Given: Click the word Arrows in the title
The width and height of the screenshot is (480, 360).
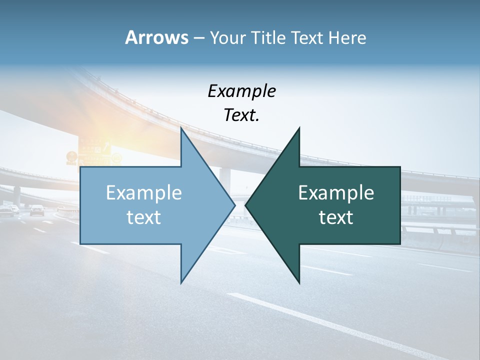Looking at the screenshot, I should click(x=156, y=37).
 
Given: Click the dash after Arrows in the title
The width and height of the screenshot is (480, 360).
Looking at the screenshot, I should click(x=198, y=38).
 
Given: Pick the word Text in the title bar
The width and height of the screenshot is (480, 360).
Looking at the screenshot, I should click(x=307, y=37).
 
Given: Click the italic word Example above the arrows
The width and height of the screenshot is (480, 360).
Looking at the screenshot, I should click(x=241, y=91).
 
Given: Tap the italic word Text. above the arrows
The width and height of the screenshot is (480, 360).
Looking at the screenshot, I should click(x=241, y=115).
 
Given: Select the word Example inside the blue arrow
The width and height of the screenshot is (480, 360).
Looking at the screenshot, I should click(x=144, y=193).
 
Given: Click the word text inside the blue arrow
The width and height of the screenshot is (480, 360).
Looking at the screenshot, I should click(x=144, y=217).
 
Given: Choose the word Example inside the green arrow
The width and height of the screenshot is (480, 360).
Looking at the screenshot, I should click(x=336, y=193).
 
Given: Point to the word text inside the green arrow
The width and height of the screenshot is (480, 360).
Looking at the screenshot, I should click(x=336, y=217).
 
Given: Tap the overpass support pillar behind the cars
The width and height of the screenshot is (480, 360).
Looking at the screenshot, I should click(x=17, y=195).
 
